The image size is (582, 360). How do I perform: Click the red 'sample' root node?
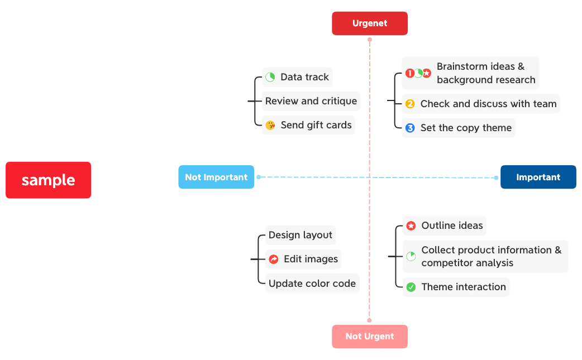point(48,180)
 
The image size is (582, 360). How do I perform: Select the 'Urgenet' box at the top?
point(370,23)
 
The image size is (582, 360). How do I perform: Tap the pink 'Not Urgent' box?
point(370,337)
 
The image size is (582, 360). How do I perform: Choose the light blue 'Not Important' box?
point(216,177)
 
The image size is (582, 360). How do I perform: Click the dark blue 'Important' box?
point(538,177)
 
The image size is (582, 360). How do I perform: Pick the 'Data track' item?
point(304,77)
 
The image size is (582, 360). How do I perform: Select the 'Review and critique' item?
point(311,101)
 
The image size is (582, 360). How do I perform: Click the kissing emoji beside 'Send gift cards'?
point(270,125)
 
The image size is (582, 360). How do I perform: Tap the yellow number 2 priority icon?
point(410,104)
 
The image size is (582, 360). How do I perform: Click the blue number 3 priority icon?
point(410,128)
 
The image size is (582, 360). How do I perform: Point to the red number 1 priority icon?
point(409,73)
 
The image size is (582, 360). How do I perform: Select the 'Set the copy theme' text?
point(466,128)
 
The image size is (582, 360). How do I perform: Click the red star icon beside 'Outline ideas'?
point(411,226)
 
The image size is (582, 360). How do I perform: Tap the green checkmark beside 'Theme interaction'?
point(411,287)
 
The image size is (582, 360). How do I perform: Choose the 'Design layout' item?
point(300,235)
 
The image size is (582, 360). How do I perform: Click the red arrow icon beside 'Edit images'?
point(274,259)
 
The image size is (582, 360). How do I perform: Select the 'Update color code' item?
point(312,284)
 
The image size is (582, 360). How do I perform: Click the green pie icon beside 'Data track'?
point(270,77)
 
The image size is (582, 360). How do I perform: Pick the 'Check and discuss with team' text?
point(488,104)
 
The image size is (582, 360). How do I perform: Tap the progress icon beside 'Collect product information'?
point(411,256)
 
